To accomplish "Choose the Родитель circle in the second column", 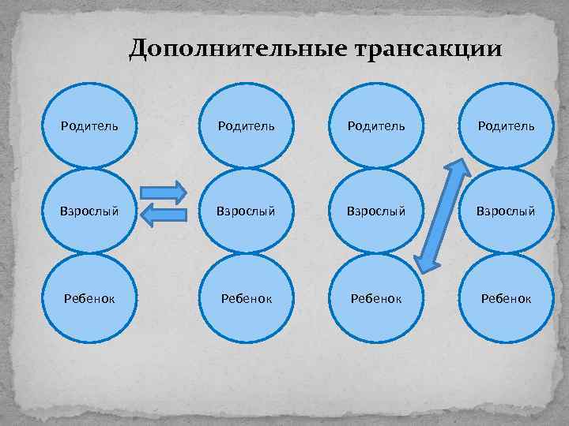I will (x=247, y=126).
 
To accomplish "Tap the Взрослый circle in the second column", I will (x=247, y=211).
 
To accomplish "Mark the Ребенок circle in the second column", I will (x=247, y=298).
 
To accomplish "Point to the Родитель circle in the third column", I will (x=375, y=126).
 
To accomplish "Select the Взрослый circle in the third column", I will (x=375, y=211).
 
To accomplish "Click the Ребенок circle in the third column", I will (x=375, y=298).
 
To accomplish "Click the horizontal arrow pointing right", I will (x=162, y=192).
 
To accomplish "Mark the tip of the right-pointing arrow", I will (x=184, y=192).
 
